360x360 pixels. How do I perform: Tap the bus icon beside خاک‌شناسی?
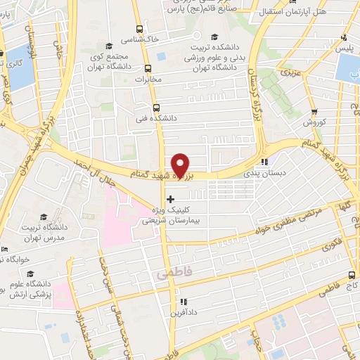tap(139, 30)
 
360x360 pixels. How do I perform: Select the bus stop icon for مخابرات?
tap(148, 69)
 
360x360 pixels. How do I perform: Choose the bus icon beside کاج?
tap(352, 276)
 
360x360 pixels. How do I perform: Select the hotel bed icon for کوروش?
tap(314, 111)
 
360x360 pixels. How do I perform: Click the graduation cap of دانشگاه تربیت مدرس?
tap(43, 218)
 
